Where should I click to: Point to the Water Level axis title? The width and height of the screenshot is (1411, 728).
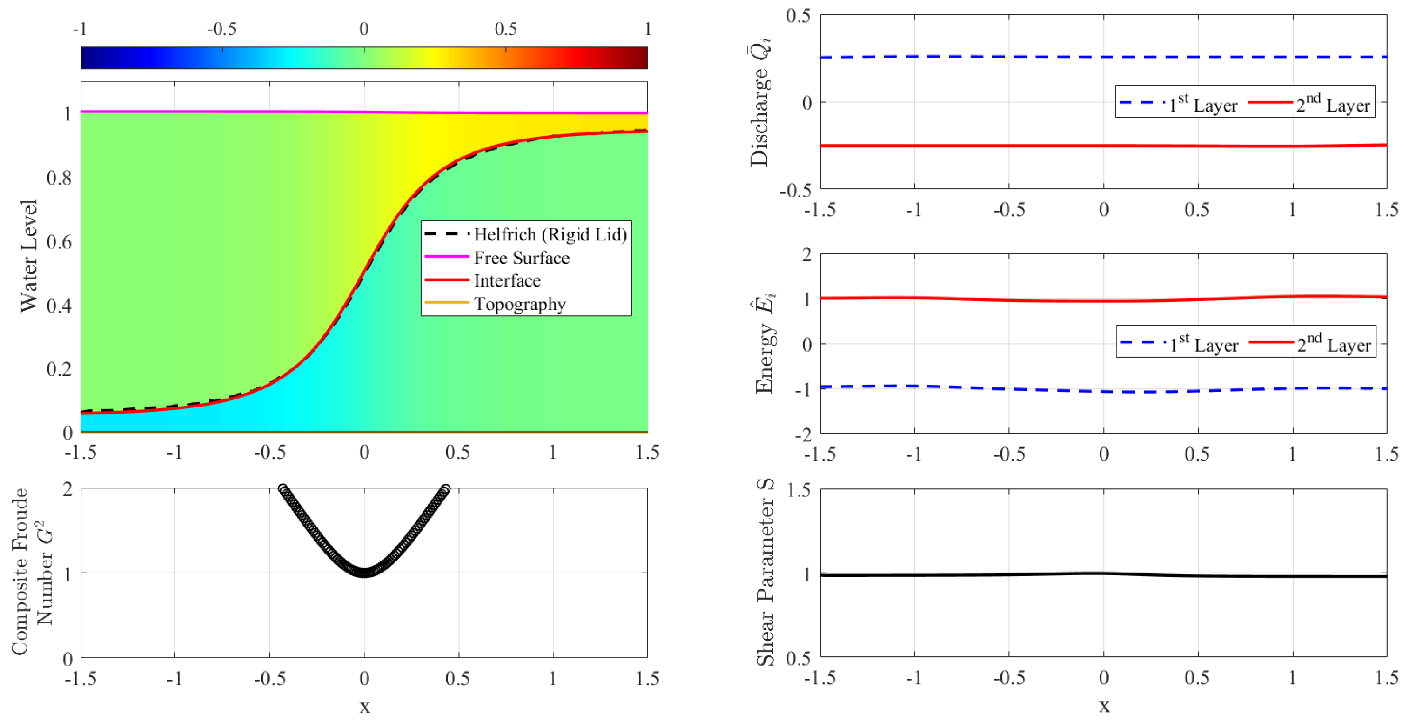click(x=28, y=256)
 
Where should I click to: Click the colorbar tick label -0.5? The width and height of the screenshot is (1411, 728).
click(x=221, y=29)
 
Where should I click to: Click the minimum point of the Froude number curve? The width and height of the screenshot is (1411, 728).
click(x=364, y=573)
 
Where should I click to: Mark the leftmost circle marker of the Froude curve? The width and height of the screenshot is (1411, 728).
click(x=283, y=488)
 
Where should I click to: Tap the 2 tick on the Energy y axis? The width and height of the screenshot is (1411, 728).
click(x=806, y=255)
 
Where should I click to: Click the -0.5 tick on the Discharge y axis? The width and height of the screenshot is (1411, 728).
click(x=795, y=190)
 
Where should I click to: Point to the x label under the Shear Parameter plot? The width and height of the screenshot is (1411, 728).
click(x=1104, y=706)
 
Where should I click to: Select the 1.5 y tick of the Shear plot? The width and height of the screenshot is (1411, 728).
click(x=799, y=490)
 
